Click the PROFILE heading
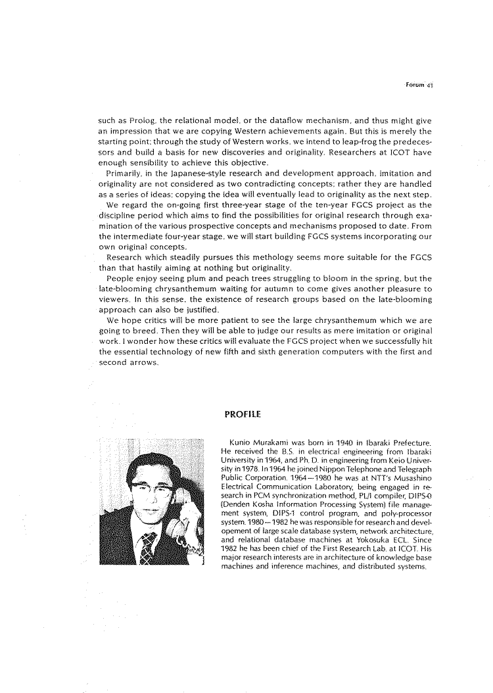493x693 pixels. [x=243, y=414]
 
